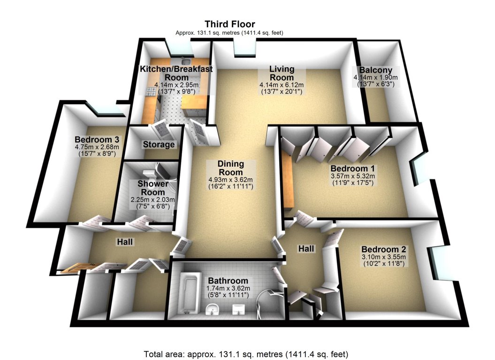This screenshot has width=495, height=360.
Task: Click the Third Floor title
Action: click(229, 24)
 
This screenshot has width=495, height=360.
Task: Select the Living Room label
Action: click(282, 73)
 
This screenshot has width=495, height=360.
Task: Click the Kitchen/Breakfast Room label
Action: click(176, 73)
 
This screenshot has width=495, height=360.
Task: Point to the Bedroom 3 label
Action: click(97, 139)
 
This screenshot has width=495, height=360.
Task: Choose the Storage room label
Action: click(159, 145)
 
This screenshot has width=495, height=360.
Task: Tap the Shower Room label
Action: click(151, 188)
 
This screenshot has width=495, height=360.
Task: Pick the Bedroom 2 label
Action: click(384, 249)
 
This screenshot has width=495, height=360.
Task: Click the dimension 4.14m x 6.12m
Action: click(282, 85)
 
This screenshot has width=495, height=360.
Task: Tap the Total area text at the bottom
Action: click(247, 353)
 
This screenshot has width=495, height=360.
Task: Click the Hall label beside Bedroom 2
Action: click(306, 249)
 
